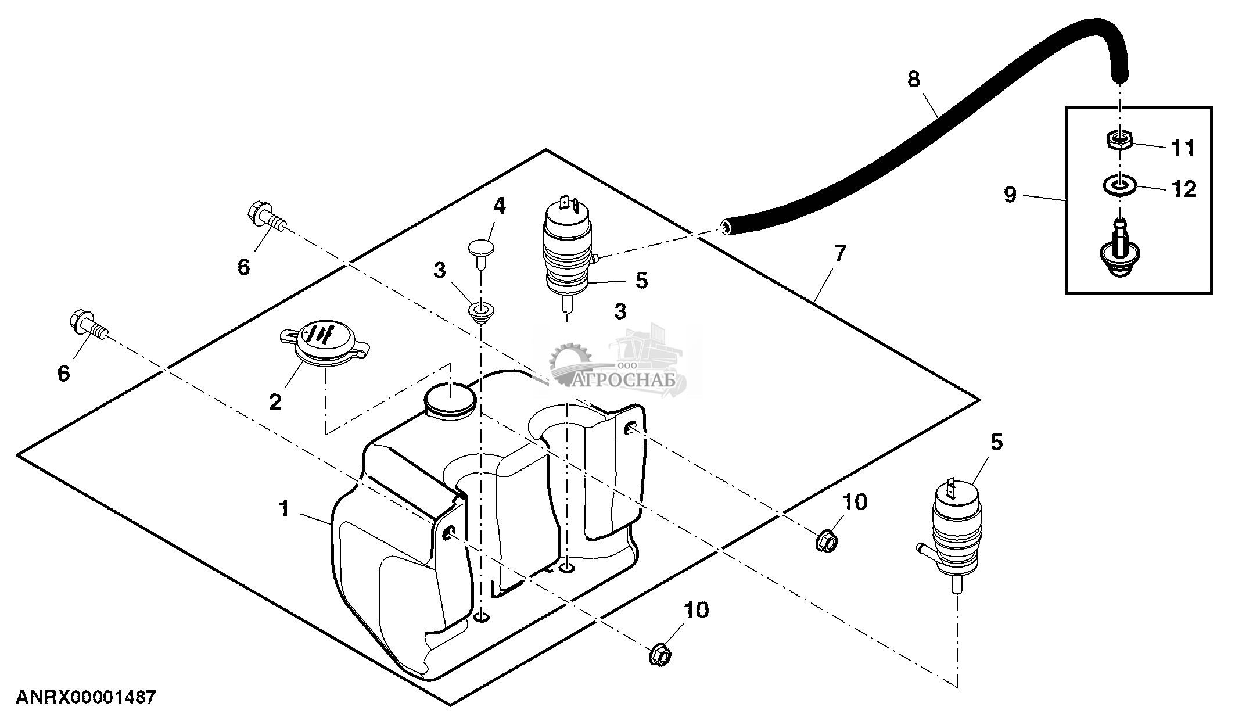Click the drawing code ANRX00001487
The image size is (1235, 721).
(86, 697)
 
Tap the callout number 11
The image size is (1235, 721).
(1183, 149)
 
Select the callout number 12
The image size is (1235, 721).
(1184, 189)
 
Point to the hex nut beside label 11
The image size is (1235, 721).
(1117, 139)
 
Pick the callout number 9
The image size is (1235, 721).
(1010, 195)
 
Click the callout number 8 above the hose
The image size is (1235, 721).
(914, 80)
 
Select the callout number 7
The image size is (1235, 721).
(840, 253)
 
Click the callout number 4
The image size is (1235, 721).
(500, 206)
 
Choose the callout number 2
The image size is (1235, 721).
(275, 401)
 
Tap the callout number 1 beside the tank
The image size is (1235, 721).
(283, 509)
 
